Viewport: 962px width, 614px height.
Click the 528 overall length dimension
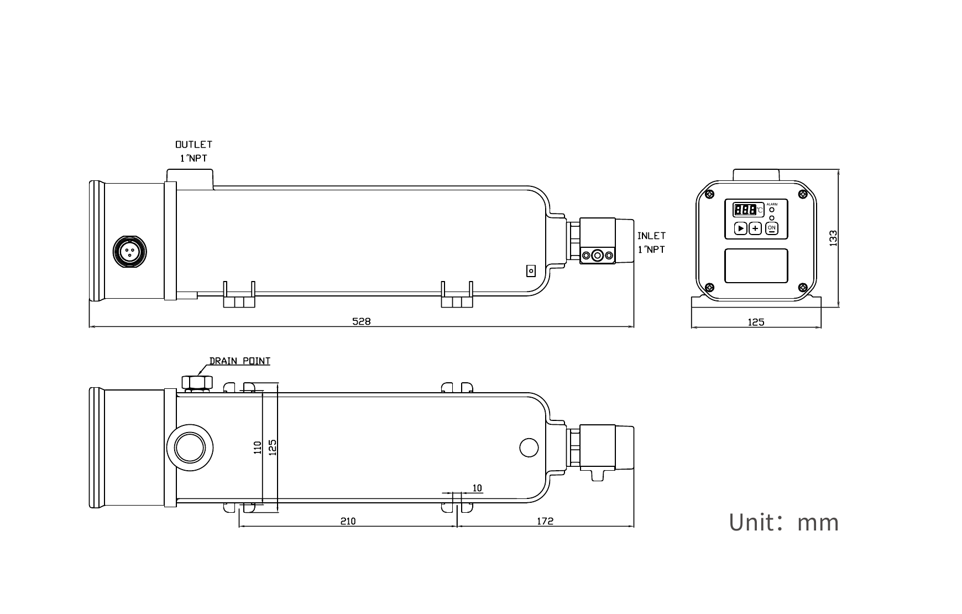coord(362,321)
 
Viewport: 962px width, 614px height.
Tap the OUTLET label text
coord(194,144)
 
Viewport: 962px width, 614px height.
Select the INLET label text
coord(651,236)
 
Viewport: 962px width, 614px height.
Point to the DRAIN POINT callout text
coord(240,361)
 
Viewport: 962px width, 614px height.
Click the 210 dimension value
coord(348,521)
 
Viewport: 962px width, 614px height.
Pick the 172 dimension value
coord(545,521)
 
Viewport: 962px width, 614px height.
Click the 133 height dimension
coord(834,238)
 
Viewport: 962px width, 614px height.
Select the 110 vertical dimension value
coord(257,447)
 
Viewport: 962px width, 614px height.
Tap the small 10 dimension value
coord(477,488)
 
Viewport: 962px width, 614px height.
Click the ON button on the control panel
coord(772,228)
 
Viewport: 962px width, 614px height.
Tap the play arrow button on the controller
coord(741,228)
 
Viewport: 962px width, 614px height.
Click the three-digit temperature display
coord(745,210)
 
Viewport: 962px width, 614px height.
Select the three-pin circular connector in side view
coord(130,252)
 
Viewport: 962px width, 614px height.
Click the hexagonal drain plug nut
coord(197,382)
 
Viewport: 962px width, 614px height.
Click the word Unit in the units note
coord(752,522)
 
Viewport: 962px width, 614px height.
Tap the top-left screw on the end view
coord(709,194)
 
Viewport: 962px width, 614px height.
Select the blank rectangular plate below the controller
coord(756,266)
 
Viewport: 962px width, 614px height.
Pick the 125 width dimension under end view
coord(756,322)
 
